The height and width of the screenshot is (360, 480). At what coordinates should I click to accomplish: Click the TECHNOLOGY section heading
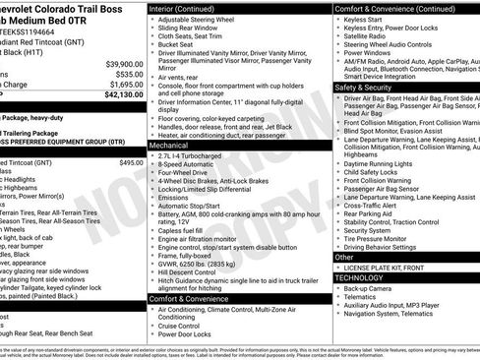(359, 278)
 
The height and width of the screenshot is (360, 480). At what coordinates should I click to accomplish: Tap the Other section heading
(345, 257)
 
